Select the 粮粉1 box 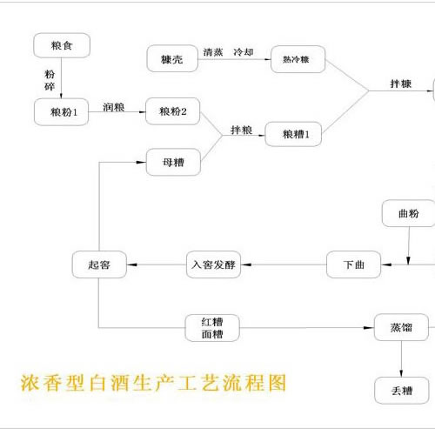63,111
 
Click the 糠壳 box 171,59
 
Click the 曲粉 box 407,213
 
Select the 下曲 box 353,264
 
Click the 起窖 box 97,264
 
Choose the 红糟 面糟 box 211,327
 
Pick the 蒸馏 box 400,328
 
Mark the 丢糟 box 400,390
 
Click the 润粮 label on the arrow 113,106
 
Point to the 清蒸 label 213,52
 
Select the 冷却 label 246,52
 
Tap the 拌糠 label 403,84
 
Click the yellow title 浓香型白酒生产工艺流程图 152,382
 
